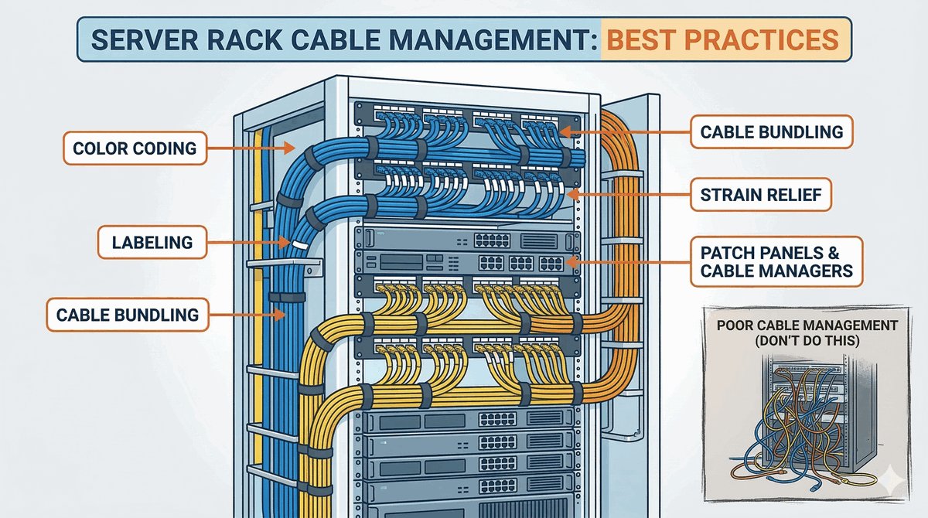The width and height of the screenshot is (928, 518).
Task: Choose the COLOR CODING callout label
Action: pos(135,147)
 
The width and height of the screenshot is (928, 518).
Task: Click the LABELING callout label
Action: pos(152,241)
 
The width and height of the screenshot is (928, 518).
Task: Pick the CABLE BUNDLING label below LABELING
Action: pos(128,315)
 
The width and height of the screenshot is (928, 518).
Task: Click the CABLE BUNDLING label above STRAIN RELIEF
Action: pos(772,131)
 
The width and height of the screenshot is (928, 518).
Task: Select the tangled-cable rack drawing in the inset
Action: pos(804,421)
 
